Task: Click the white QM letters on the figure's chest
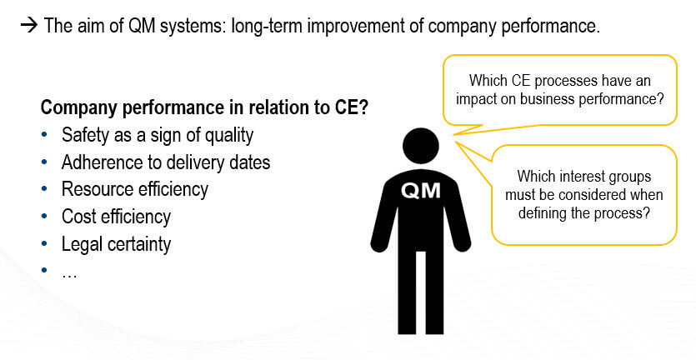click(x=421, y=191)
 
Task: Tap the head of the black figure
click(x=421, y=147)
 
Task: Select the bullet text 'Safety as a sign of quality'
click(x=157, y=135)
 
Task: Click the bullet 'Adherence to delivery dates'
click(x=166, y=162)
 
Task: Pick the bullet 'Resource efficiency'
click(x=134, y=189)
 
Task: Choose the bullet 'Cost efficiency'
click(x=116, y=217)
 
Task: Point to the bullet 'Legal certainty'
click(x=116, y=244)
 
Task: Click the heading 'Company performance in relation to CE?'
click(x=204, y=107)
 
